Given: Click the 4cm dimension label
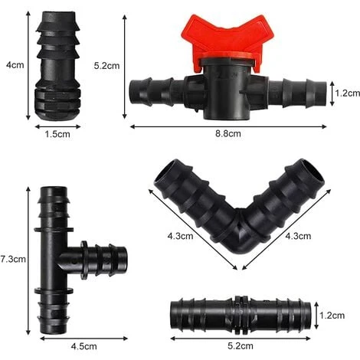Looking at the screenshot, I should pyautogui.click(x=15, y=65).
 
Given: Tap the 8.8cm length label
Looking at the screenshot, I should pyautogui.click(x=229, y=134).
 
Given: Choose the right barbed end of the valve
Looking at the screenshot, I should pyautogui.click(x=295, y=92).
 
